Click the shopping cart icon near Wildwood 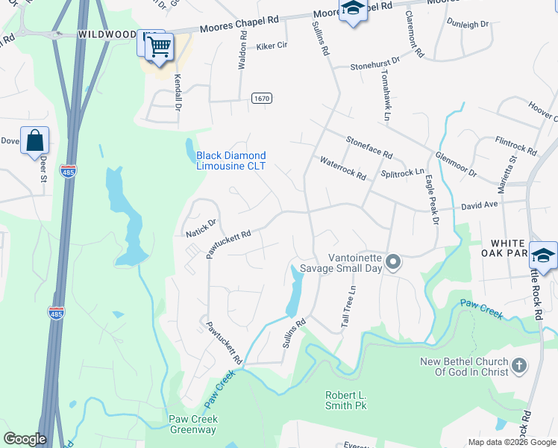coord(159,47)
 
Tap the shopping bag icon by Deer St coord(35,140)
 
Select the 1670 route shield coord(261,98)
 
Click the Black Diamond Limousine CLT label coord(231,161)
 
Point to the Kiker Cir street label coord(272,46)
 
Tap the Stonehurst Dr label coord(376,62)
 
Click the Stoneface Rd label coord(369,146)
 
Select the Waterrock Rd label coord(343,168)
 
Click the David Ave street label coord(479,204)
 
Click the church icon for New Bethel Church coord(519,365)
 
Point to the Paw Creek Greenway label coord(192,424)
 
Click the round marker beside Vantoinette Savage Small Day coord(395,262)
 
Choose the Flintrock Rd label coord(516,146)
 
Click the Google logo coord(25,439)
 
